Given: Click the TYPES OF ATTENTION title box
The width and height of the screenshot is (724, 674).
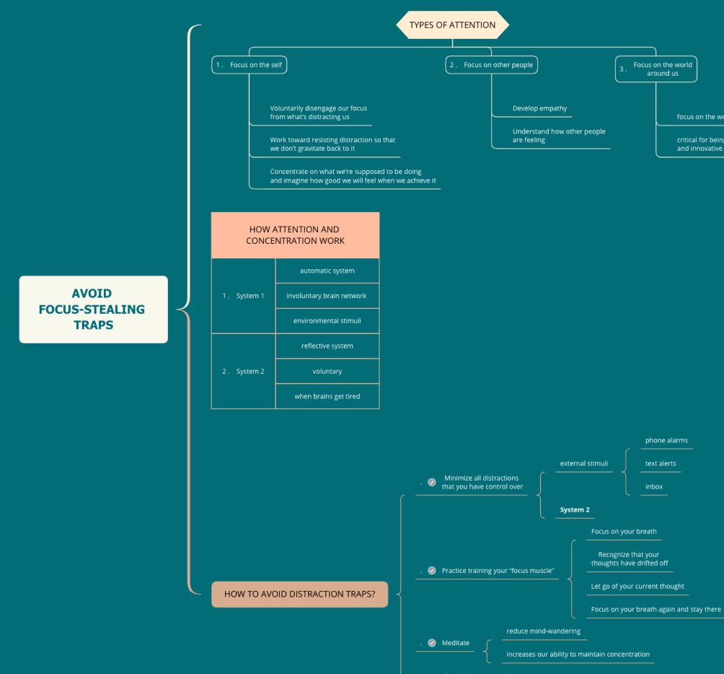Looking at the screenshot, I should pos(452,25).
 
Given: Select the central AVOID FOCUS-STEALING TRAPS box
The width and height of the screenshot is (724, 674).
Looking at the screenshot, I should pos(93,309).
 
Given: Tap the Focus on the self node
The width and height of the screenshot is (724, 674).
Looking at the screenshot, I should pos(250,65).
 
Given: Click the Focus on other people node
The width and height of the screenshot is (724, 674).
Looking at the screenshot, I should pos(492,65).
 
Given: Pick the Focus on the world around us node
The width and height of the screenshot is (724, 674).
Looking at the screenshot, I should pos(656,69).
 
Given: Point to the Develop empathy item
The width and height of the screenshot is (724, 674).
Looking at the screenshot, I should pos(539,108).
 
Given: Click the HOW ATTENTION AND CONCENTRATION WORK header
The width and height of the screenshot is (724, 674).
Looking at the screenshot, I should pos(295,235).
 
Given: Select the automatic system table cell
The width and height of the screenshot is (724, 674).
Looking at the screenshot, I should pos(327,271).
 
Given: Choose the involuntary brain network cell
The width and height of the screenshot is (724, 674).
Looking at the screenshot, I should pos(327,296).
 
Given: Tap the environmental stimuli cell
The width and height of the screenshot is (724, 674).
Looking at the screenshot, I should pos(327,320).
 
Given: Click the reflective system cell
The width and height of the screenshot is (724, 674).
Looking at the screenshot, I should pos(327,346).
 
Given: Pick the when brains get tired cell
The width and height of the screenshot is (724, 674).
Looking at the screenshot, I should pos(327,396).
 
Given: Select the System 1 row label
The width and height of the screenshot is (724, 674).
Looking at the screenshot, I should pos(244,296).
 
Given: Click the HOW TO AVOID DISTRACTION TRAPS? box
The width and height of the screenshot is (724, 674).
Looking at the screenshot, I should pos(299,595).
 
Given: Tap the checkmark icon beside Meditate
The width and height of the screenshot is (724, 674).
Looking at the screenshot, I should pos(432,642).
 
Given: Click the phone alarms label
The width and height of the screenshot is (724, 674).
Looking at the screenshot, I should pos(666,440).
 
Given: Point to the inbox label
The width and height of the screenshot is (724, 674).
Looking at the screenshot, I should pos(654,486).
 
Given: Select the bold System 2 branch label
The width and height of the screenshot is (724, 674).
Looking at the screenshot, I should pos(575,509).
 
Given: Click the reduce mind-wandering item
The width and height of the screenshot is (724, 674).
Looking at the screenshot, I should pos(543,631).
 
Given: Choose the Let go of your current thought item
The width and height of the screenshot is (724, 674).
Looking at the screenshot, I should pos(637,586).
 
